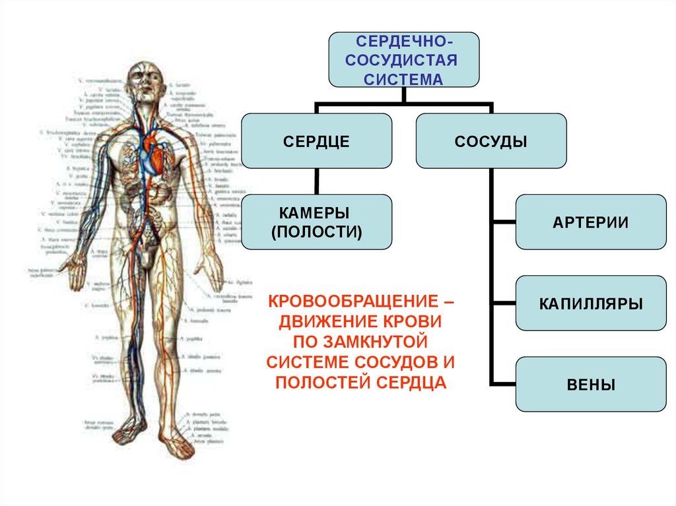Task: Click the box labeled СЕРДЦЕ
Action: pos(316,141)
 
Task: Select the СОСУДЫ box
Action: pos(491,141)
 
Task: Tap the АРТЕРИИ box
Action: pos(590,222)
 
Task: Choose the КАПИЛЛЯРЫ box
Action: pos(590,303)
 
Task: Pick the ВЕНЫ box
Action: pos(590,385)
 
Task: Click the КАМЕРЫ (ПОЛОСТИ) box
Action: pos(316,222)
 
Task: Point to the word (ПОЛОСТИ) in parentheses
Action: pos(316,232)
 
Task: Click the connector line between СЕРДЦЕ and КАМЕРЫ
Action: pos(316,181)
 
